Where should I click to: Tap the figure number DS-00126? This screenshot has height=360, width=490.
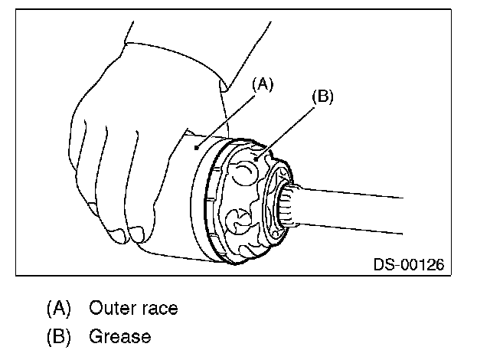pos(408,265)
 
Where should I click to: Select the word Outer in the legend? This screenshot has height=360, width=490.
pos(113,309)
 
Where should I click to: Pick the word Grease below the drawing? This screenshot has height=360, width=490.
pos(120,335)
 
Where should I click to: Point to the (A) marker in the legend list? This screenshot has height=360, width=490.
pos(58,309)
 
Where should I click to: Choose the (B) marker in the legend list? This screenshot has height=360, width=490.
pos(58,335)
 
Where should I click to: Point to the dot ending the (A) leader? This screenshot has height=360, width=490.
pos(198,146)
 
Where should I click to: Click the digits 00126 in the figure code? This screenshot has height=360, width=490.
pos(422,265)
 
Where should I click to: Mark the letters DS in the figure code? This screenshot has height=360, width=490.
pos(383,265)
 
